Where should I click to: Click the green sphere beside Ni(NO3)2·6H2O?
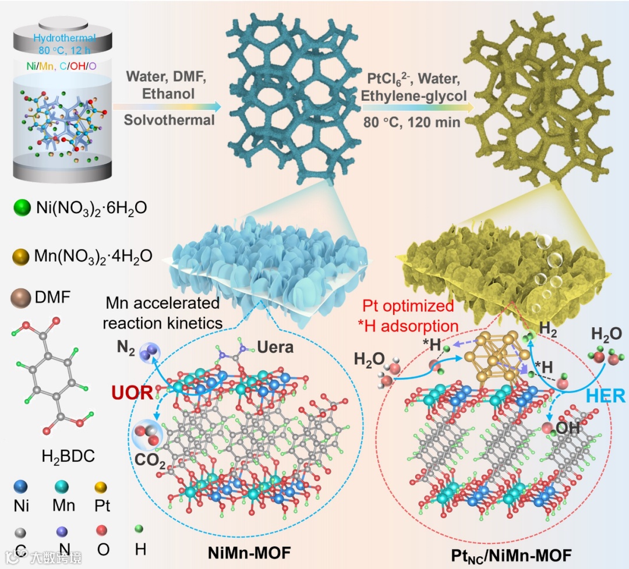[23, 207]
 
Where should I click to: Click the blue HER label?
[606, 396]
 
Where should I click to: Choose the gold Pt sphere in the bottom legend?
[101, 487]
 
